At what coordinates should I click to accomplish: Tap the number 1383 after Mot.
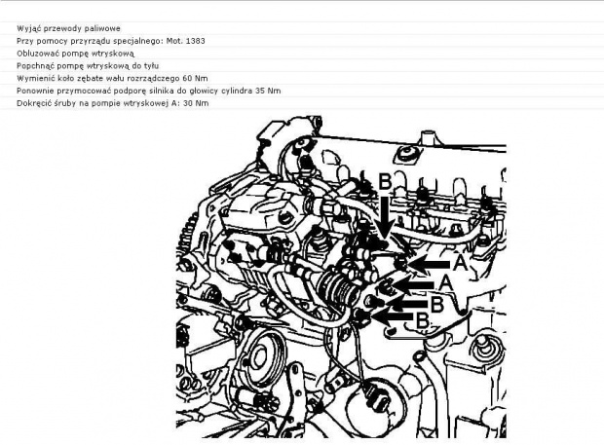pos(195,41)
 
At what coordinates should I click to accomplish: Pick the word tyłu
pos(151,66)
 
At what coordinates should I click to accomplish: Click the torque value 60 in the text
pos(187,79)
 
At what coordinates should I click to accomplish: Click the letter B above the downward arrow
pos(385,182)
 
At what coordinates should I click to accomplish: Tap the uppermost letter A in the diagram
pos(460,263)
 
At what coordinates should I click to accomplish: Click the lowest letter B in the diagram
pos(423,320)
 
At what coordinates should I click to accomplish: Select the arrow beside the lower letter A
pos(413,285)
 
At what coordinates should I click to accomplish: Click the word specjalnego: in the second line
pos(144,41)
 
